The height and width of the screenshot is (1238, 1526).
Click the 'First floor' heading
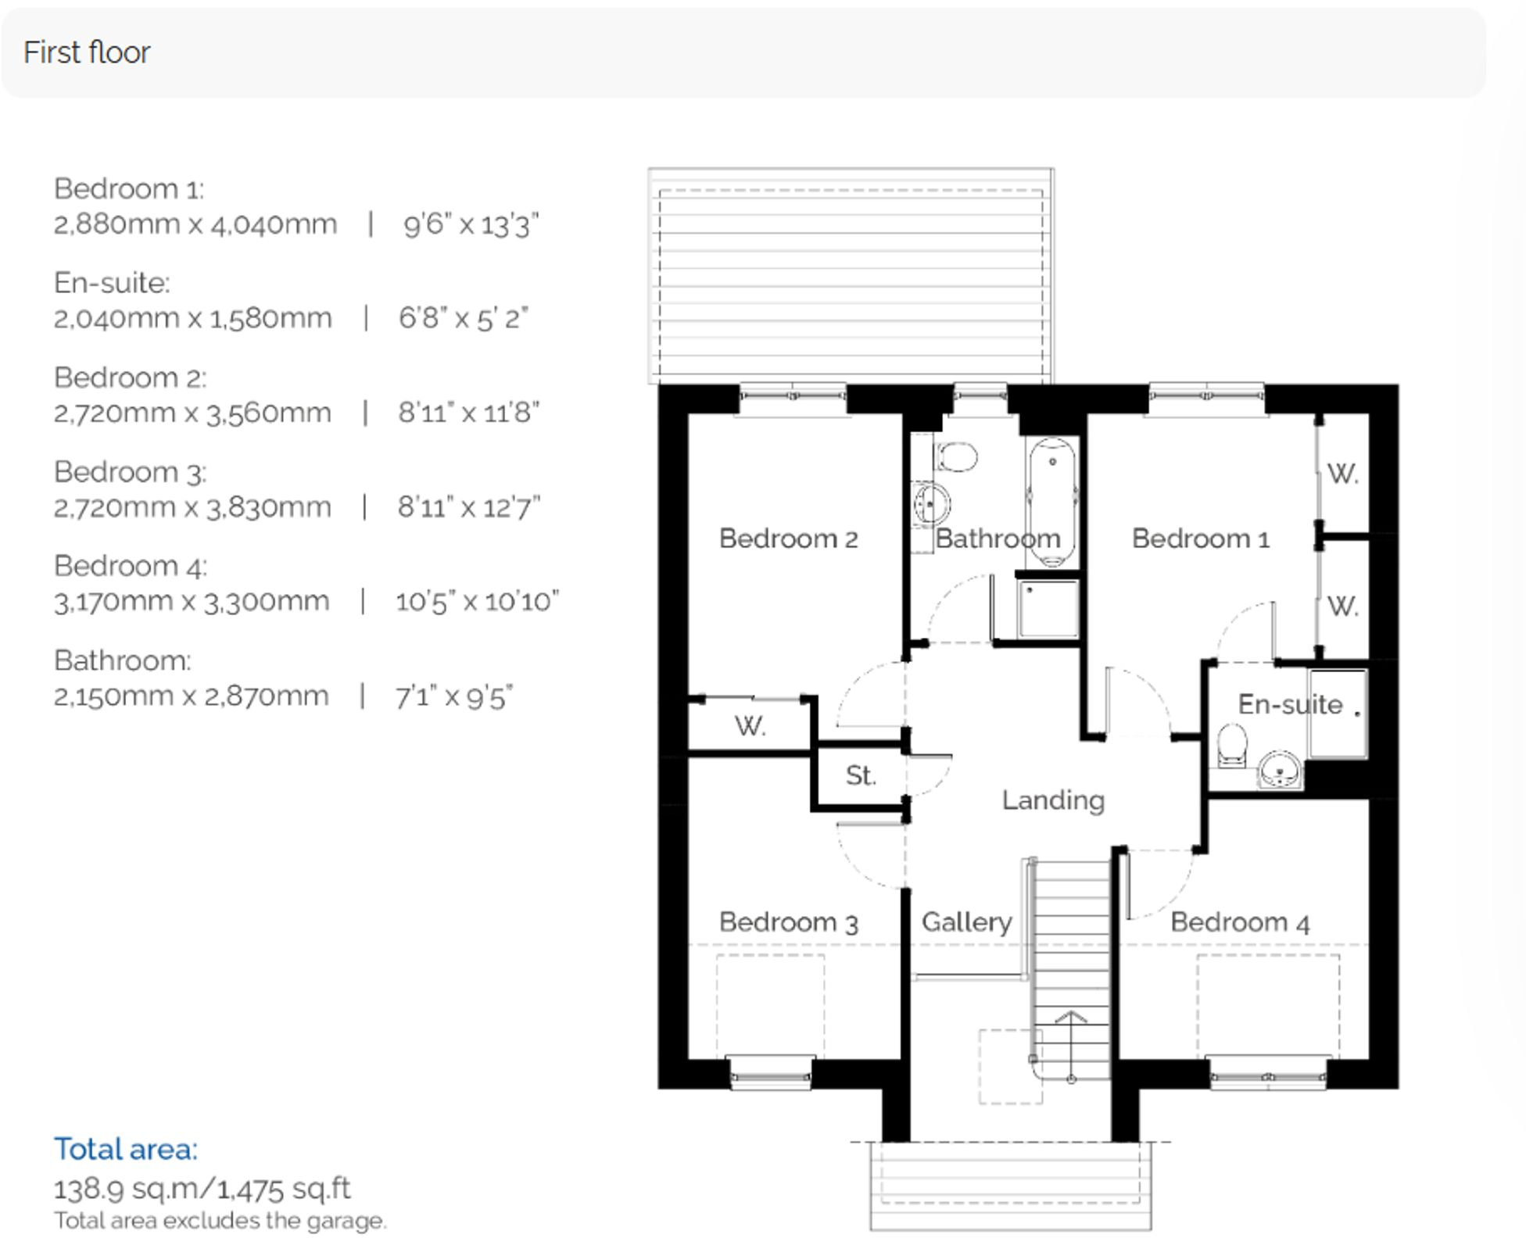(87, 52)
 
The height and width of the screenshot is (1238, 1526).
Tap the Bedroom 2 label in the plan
(788, 538)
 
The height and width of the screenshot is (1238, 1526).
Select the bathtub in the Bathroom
(1051, 500)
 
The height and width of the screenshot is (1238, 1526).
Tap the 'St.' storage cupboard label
(860, 775)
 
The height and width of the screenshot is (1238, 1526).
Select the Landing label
(1053, 800)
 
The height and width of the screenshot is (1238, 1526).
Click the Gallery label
(966, 922)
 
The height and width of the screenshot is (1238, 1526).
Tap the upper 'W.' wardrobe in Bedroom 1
(1342, 474)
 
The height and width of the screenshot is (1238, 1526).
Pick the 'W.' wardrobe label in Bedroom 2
(750, 727)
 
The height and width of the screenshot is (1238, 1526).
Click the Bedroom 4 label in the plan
(1240, 922)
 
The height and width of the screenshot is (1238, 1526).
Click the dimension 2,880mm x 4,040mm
(195, 224)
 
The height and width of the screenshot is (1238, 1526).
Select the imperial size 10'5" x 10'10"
(477, 602)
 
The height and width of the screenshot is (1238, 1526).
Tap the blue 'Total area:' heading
(126, 1149)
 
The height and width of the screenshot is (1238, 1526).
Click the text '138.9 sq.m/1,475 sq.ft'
(202, 1189)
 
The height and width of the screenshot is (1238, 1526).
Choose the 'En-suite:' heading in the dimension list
(112, 283)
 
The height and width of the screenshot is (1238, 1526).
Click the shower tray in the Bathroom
(1049, 608)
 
